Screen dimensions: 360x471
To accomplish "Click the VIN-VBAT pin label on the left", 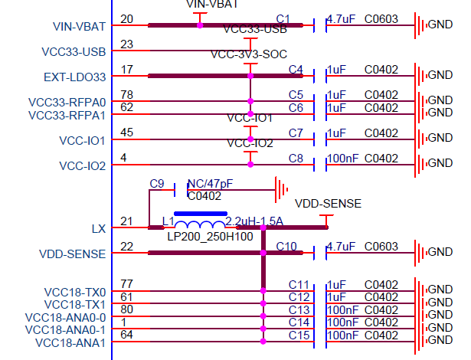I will [x=80, y=27].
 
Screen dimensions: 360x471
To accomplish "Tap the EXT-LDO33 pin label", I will [x=74, y=77].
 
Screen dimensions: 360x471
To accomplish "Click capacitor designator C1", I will [x=283, y=18].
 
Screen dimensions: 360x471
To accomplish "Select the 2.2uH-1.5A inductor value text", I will [x=254, y=221].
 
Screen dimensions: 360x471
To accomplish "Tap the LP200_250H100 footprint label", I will [x=210, y=237].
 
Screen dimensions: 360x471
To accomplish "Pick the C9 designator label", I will [x=157, y=184].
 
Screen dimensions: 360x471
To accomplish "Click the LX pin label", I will [x=98, y=229].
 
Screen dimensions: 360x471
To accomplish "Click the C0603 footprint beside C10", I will [x=381, y=247].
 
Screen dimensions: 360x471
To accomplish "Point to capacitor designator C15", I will [x=298, y=335].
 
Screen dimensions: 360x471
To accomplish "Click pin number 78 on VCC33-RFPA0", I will [x=127, y=94].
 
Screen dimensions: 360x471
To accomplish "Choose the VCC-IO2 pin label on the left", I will [x=82, y=165].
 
